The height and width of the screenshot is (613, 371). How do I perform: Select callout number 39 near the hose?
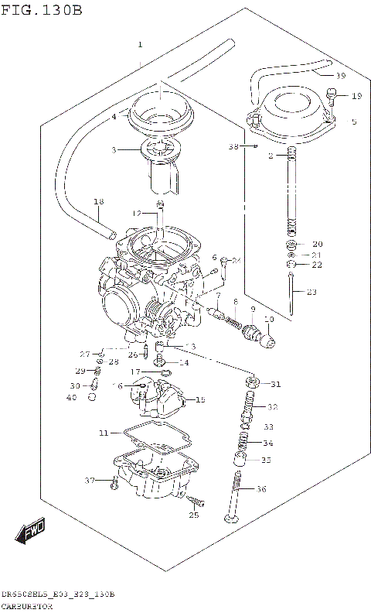340,76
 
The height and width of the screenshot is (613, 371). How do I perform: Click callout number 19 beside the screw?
356,96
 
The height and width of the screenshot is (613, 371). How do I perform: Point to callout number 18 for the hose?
97,203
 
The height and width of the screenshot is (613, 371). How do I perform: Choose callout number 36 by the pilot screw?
260,488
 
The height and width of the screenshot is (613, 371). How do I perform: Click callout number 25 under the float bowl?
193,515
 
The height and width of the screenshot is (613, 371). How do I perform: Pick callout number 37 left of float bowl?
90,481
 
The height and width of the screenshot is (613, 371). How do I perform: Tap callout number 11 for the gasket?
104,433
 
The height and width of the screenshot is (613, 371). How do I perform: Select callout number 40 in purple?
72,398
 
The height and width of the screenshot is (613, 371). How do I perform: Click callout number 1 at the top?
140,44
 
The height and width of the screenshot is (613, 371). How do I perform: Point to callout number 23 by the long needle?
311,292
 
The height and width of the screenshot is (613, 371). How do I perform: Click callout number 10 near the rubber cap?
269,320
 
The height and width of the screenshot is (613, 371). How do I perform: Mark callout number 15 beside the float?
200,400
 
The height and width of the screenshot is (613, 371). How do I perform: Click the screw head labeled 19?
331,97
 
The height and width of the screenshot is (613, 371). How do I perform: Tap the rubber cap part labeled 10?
269,339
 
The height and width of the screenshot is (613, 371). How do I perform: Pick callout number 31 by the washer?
276,385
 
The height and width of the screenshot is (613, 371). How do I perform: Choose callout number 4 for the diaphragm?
113,117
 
